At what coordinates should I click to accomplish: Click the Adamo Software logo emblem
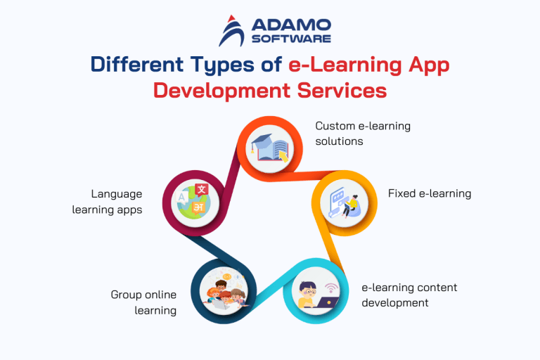pyautogui.click(x=232, y=32)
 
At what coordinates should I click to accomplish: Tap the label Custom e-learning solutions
pyautogui.click(x=362, y=134)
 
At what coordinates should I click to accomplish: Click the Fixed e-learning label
pyautogui.click(x=429, y=193)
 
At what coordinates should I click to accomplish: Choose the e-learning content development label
pyautogui.click(x=409, y=295)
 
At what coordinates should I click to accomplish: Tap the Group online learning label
pyautogui.click(x=143, y=302)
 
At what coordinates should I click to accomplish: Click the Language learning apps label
pyautogui.click(x=107, y=201)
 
